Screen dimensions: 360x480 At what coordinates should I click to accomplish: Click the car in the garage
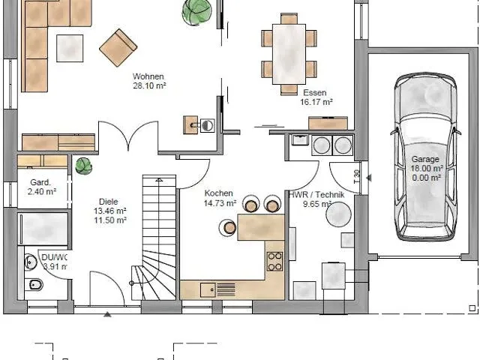coord(424,157)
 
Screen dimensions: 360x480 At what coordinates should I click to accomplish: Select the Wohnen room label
coord(148,76)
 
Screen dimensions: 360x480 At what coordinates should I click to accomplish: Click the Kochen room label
coord(218,193)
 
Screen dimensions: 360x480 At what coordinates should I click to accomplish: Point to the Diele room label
coord(108,202)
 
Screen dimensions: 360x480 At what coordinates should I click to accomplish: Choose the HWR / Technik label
coord(316,194)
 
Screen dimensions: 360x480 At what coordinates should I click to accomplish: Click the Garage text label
coord(425,159)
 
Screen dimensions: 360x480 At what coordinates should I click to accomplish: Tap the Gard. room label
coord(40,182)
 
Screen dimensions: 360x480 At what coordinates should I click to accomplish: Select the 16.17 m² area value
coord(317,101)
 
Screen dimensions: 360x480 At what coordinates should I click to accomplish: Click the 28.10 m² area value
coord(149,86)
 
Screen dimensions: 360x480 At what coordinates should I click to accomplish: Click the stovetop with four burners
coord(274,260)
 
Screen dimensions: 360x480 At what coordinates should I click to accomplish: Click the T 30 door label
coord(355,178)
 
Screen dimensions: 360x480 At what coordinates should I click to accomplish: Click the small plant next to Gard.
coord(83,166)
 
